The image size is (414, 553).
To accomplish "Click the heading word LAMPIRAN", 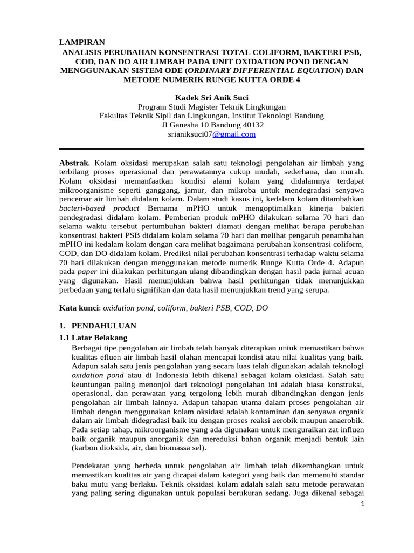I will tap(82, 42).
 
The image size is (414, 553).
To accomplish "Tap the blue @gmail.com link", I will tap(233, 134).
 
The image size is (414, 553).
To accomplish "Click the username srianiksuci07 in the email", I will tap(190, 134).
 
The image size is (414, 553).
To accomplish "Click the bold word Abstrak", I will tap(74, 163).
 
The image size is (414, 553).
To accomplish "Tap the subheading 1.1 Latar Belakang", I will tap(92, 338).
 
